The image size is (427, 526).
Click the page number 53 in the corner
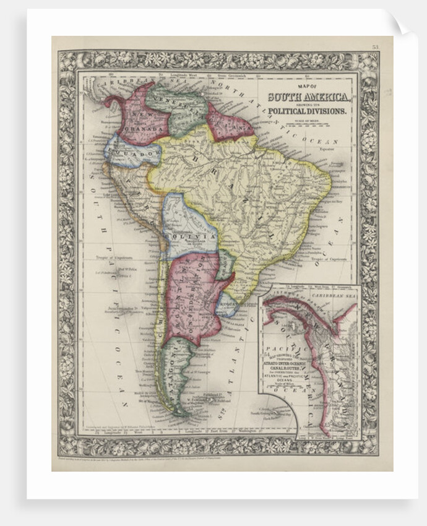[375, 46]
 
